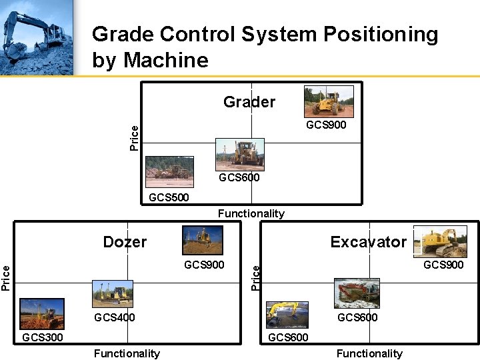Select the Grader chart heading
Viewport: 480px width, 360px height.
click(x=249, y=102)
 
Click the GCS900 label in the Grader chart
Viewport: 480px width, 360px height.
click(x=326, y=125)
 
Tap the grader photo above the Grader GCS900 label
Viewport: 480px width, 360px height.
click(x=329, y=101)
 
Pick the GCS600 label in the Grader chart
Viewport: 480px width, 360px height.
click(x=239, y=178)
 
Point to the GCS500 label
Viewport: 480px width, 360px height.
click(x=169, y=197)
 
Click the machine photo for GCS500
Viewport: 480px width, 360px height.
click(x=169, y=171)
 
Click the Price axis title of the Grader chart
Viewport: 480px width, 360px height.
click(x=135, y=137)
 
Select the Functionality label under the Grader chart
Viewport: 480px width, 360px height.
click(x=251, y=213)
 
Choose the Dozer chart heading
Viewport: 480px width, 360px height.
click(x=125, y=242)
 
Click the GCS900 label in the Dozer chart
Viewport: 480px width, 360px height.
click(x=204, y=265)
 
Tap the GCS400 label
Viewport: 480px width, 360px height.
click(x=115, y=317)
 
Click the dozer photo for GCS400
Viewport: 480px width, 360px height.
click(x=112, y=294)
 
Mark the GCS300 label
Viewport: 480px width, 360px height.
click(x=43, y=337)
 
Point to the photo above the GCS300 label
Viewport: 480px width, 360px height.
click(x=42, y=313)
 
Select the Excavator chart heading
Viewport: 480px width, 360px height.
click(x=368, y=242)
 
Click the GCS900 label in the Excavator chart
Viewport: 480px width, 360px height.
click(x=443, y=265)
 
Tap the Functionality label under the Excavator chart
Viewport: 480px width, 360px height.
click(x=369, y=353)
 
